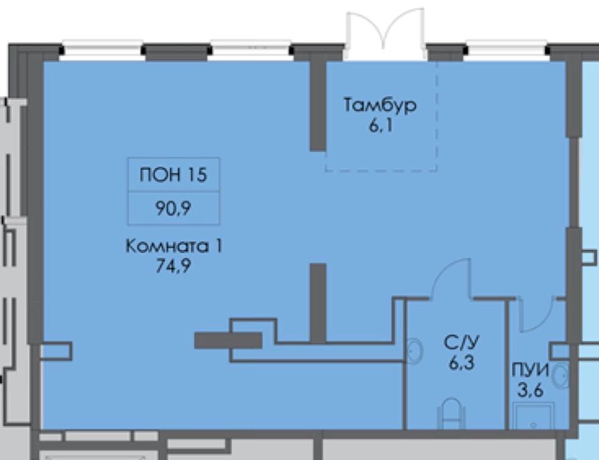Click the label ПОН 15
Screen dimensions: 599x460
click(x=173, y=175)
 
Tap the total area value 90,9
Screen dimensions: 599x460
click(x=173, y=208)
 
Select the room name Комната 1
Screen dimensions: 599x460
click(x=173, y=246)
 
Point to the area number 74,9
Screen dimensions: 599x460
click(x=173, y=266)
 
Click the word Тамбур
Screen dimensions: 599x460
click(x=380, y=105)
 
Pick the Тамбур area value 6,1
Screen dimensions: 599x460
click(x=381, y=125)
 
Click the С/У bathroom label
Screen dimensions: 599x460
click(x=462, y=342)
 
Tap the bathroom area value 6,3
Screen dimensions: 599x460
click(x=462, y=363)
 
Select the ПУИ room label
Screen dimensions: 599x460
click(x=530, y=370)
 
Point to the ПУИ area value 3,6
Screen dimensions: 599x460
click(x=530, y=390)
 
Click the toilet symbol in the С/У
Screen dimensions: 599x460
click(x=452, y=414)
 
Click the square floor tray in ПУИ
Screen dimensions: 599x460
click(x=533, y=415)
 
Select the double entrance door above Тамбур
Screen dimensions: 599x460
click(x=385, y=34)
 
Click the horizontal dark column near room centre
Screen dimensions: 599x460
click(x=228, y=340)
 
